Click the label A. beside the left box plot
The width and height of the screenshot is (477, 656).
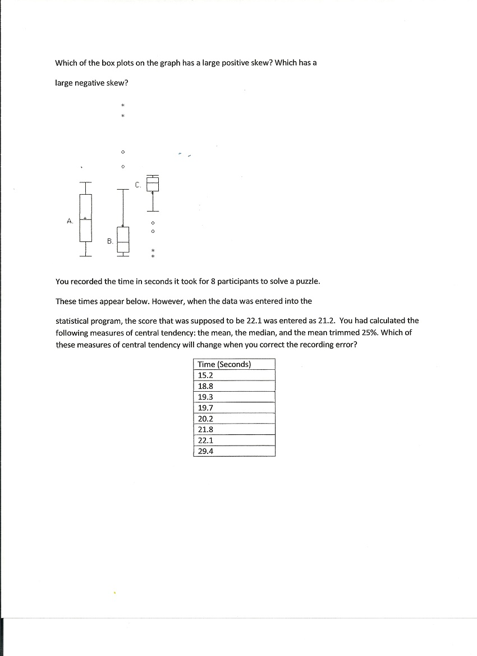point(69,221)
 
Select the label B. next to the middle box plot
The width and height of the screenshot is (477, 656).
point(110,241)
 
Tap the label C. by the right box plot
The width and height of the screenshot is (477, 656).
point(137,184)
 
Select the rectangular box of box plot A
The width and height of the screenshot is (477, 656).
point(85,218)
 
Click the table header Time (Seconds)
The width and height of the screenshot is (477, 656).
point(224,364)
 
